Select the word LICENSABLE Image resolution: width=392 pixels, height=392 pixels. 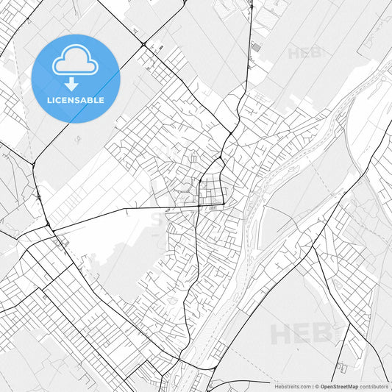(76, 100)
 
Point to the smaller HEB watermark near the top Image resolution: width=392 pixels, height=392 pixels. (304, 53)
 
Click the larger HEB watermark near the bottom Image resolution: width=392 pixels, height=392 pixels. (302, 333)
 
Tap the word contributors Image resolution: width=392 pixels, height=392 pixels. (374, 385)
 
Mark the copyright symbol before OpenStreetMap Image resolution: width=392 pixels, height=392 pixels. (316, 385)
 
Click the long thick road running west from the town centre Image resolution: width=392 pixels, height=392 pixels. (125, 213)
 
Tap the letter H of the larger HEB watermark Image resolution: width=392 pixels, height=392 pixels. (282, 333)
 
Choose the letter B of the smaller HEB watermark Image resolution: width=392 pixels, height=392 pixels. (316, 53)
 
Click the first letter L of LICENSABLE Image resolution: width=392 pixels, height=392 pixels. (50, 100)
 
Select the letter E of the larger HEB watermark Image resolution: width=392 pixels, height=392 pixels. (302, 333)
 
